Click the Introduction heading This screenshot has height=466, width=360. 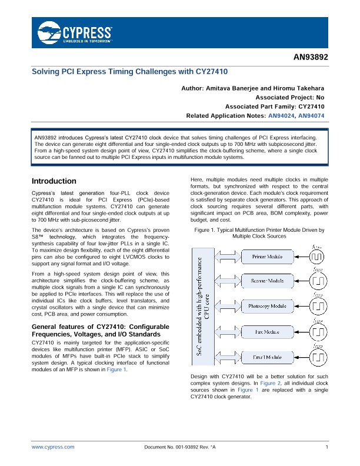point(54,181)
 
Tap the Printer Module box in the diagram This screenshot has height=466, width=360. point(266,257)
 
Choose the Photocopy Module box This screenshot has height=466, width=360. point(266,306)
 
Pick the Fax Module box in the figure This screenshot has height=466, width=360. point(266,331)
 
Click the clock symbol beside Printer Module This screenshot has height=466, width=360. point(317,258)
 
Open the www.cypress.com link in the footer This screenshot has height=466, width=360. point(53,447)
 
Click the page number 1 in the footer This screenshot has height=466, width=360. point(326,447)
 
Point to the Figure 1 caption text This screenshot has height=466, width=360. point(257,233)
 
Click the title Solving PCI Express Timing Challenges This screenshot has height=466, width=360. point(129,71)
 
